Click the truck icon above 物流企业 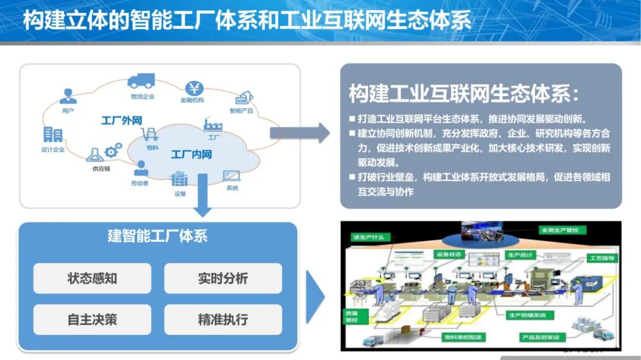point(141,81)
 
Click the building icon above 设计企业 point(53,135)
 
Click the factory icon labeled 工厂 point(212,124)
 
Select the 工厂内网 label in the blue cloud point(191,155)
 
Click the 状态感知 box point(92,278)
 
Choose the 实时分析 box point(223,278)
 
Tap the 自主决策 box point(92,319)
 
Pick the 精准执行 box point(223,319)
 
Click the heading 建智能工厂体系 point(157,235)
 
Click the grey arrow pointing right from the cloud point(300,133)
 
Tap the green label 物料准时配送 point(464,337)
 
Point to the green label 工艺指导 point(602,258)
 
